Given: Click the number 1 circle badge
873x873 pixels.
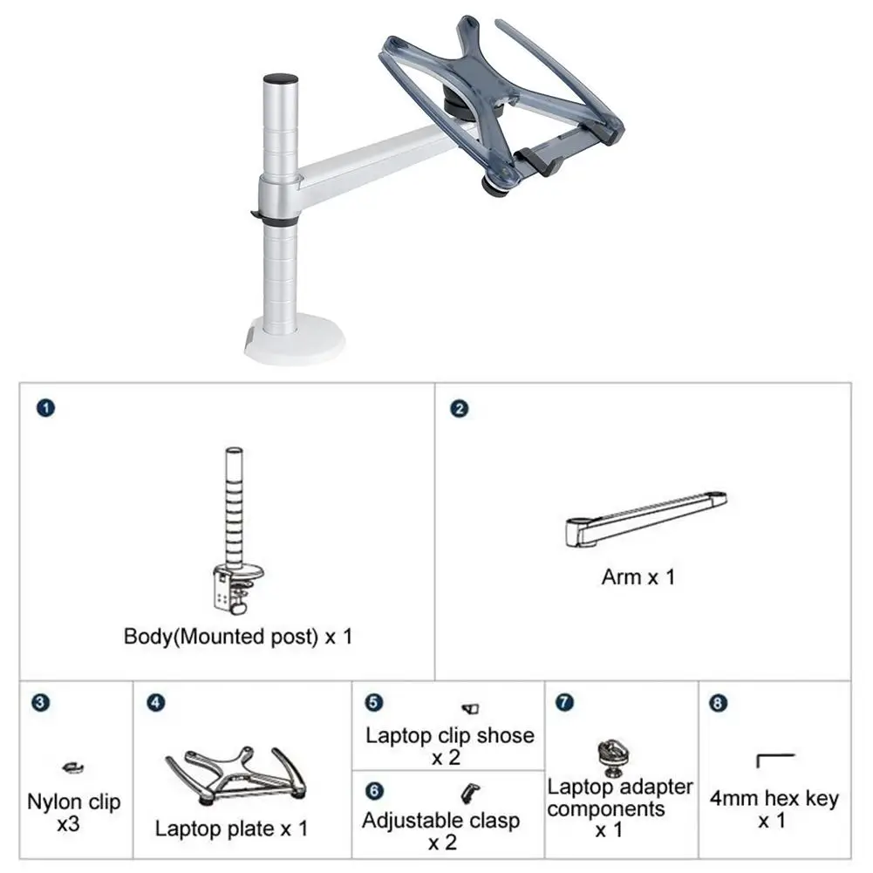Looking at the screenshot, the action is pyautogui.click(x=45, y=408).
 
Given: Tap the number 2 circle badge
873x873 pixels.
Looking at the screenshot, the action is pyautogui.click(x=460, y=409).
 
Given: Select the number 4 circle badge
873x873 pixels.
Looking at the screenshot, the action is pyautogui.click(x=156, y=703).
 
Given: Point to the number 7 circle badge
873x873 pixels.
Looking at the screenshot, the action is pyautogui.click(x=564, y=702).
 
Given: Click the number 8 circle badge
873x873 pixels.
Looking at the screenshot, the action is pyautogui.click(x=719, y=703).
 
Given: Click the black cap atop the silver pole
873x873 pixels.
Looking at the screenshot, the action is pyautogui.click(x=280, y=79).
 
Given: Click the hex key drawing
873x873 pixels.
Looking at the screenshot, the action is pyautogui.click(x=775, y=760).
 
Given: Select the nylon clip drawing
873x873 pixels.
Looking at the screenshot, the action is pyautogui.click(x=73, y=768).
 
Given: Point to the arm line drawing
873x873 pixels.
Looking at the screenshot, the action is pyautogui.click(x=646, y=518).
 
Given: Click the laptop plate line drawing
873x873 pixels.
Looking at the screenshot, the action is pyautogui.click(x=236, y=775).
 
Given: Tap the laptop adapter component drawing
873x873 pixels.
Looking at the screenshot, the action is pyautogui.click(x=612, y=758).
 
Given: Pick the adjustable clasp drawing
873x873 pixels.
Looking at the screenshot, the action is pyautogui.click(x=470, y=794).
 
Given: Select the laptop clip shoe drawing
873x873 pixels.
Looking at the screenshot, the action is pyautogui.click(x=470, y=709).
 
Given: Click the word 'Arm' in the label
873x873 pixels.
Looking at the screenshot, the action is pyautogui.click(x=622, y=577).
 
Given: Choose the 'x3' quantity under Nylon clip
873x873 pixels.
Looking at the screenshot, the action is pyautogui.click(x=68, y=823).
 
